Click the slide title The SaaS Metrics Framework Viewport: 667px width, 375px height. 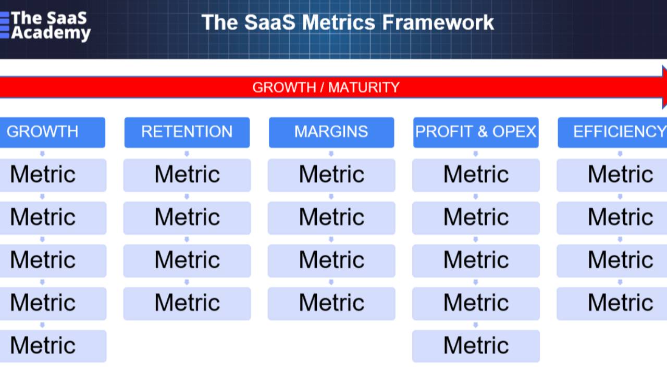click(348, 22)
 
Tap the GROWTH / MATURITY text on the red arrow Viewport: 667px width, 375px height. click(326, 87)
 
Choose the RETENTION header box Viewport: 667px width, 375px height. click(187, 132)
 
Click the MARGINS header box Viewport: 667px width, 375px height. click(331, 132)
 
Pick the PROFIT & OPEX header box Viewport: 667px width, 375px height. click(475, 132)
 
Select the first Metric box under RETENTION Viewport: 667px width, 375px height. click(187, 174)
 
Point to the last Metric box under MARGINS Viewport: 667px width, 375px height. click(331, 303)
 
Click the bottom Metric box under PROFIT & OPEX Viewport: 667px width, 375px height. click(475, 345)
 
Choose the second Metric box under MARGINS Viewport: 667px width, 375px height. click(331, 217)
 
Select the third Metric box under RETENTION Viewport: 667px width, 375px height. click(187, 260)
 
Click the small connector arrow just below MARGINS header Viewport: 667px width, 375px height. click(331, 154)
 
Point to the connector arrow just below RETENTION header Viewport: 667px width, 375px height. click(187, 154)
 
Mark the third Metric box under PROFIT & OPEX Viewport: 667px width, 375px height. click(475, 260)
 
